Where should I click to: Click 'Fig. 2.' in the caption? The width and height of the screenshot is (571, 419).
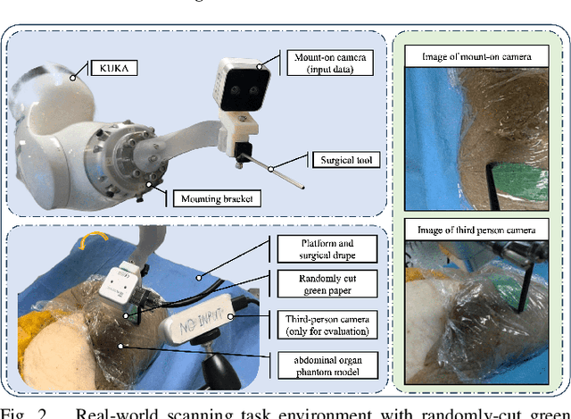(24, 412)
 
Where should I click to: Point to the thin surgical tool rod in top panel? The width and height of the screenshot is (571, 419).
(280, 173)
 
